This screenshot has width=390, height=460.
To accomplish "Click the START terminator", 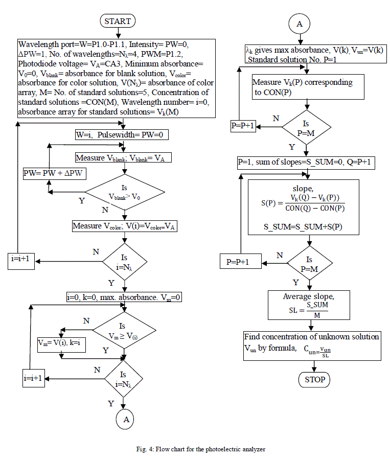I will click(118, 21).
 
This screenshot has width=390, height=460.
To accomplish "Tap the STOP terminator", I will click(314, 380).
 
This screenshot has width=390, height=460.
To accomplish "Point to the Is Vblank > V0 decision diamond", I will click(124, 193).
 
